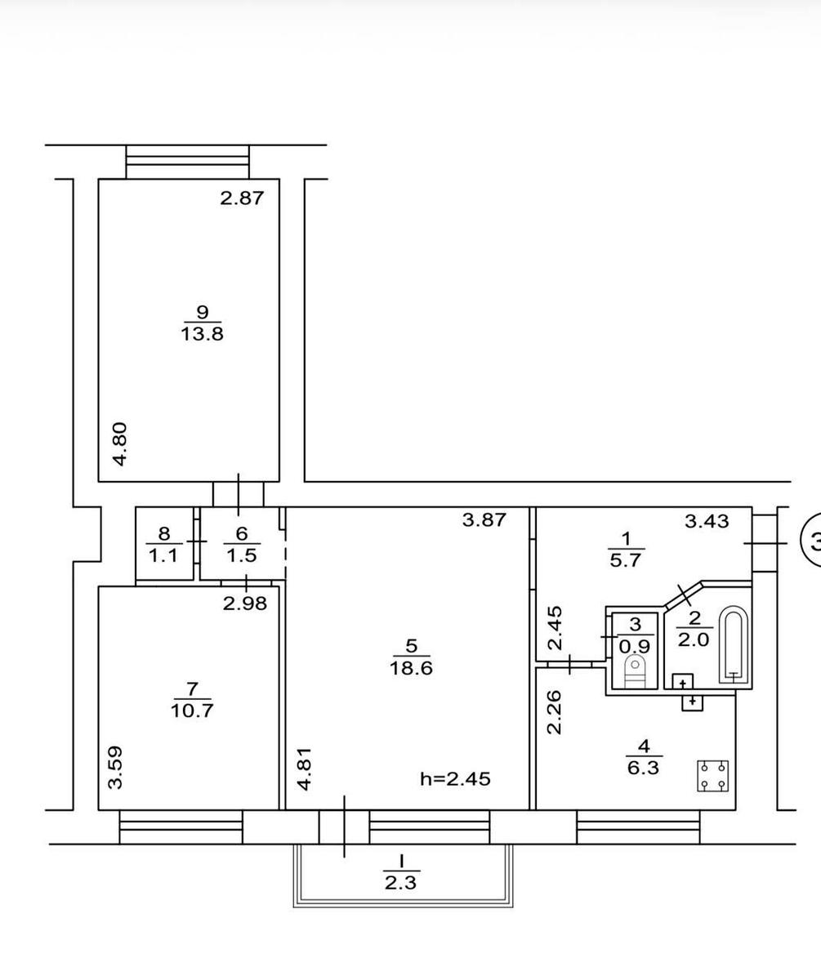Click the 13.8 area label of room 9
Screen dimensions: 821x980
[202, 334]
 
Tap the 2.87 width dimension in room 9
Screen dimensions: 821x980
[243, 198]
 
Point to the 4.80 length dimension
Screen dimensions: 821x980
[120, 444]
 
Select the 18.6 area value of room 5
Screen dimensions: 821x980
[411, 668]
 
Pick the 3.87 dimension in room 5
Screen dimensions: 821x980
[484, 520]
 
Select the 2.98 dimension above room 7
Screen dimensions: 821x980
[245, 604]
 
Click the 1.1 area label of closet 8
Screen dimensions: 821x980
[163, 555]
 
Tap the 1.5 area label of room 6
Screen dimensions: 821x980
[242, 555]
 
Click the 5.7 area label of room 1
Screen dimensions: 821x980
[626, 560]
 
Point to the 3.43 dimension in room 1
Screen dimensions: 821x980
[707, 521]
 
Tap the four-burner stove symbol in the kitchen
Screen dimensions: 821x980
[712, 777]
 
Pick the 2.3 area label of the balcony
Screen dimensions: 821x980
[401, 884]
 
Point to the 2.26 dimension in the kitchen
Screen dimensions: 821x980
[555, 711]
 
